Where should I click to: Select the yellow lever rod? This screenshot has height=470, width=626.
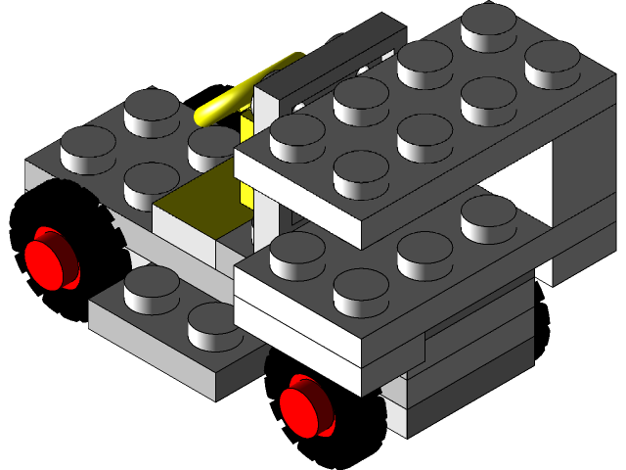click(245, 91)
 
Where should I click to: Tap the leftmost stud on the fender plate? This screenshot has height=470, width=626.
click(88, 144)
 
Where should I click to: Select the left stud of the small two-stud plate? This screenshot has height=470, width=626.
click(152, 284)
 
